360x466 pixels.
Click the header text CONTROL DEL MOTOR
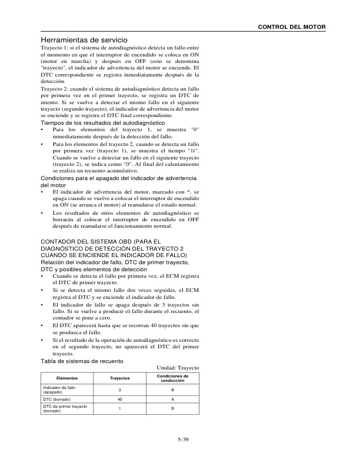point(293,28)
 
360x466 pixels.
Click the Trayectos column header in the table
point(120,378)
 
